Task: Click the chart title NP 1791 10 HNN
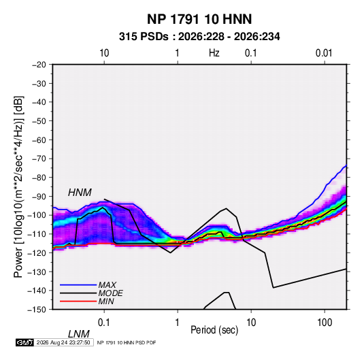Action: tap(199, 19)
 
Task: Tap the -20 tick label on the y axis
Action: tap(39, 65)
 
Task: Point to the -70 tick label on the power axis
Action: tap(39, 159)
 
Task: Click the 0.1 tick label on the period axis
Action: tap(104, 323)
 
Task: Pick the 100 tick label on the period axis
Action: tap(325, 323)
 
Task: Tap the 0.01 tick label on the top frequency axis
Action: tap(324, 53)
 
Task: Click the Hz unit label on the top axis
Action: tap(214, 53)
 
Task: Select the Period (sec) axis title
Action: tap(214, 330)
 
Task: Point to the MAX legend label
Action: tap(107, 285)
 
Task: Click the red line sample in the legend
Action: tap(78, 301)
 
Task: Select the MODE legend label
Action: tap(110, 293)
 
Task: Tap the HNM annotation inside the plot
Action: tap(80, 193)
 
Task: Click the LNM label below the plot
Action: tap(78, 334)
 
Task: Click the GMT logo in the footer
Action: tap(25, 342)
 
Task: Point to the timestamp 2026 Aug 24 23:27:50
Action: tap(63, 342)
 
